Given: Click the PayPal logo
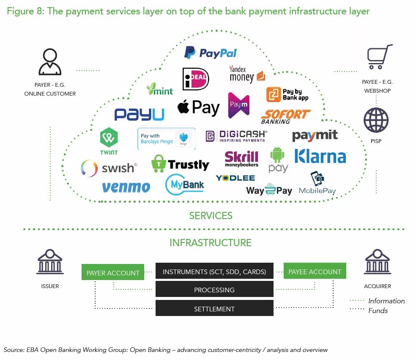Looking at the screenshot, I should pos(210,53).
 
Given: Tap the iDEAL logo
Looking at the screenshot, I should pos(195,79).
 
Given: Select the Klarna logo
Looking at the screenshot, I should pos(320,156).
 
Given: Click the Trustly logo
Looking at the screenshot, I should pos(181,164).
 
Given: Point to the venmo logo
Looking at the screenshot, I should pos(126,187).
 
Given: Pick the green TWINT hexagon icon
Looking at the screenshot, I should pos(109,138).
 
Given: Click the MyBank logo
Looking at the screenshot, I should pos(185,185).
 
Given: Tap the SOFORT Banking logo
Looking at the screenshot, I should pos(285,116).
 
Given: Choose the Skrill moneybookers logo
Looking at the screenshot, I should pos(241,159).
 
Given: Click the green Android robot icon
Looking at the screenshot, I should pos(278,155).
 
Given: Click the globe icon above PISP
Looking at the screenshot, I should pos(376,120).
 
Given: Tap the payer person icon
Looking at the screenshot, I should pos(50,62).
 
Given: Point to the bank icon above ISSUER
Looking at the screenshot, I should pos(50,262).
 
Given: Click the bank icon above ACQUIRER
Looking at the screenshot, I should pos(378,262).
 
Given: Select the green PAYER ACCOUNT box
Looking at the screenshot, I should pos(113,273).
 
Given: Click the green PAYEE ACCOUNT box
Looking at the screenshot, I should pos(315,272).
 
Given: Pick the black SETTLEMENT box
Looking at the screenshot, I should pos(214,308).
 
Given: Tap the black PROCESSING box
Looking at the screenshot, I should pos(214,290).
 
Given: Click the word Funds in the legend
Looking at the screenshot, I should pos(378,311).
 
